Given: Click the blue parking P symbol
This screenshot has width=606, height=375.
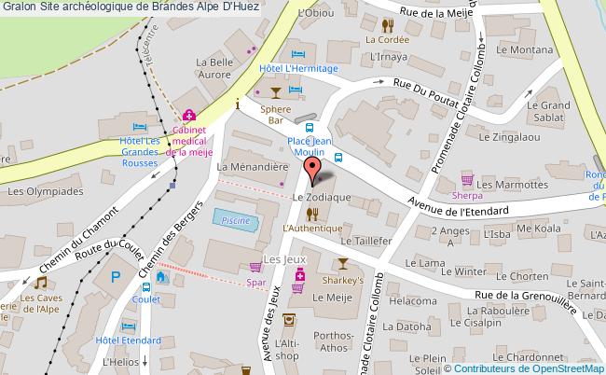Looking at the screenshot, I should pos(116,276).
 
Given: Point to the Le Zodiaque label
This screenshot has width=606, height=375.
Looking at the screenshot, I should pos(321,198).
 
